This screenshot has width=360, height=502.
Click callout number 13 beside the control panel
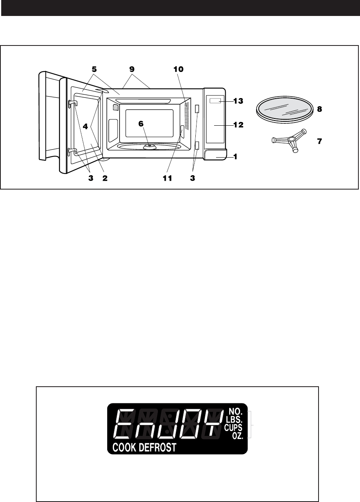pos(238,101)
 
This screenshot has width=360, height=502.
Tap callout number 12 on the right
pos(238,125)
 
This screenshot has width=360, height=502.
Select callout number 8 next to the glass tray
pos(319,109)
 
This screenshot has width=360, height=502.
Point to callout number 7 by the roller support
pos(319,141)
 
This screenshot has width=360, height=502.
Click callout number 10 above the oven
pos(179,69)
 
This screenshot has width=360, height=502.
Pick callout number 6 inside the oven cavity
pos(141,124)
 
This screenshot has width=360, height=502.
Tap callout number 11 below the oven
pos(167,178)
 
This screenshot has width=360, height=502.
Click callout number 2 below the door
pos(105,178)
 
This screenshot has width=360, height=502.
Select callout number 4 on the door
pos(85,126)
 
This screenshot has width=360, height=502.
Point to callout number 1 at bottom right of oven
pos(235,157)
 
